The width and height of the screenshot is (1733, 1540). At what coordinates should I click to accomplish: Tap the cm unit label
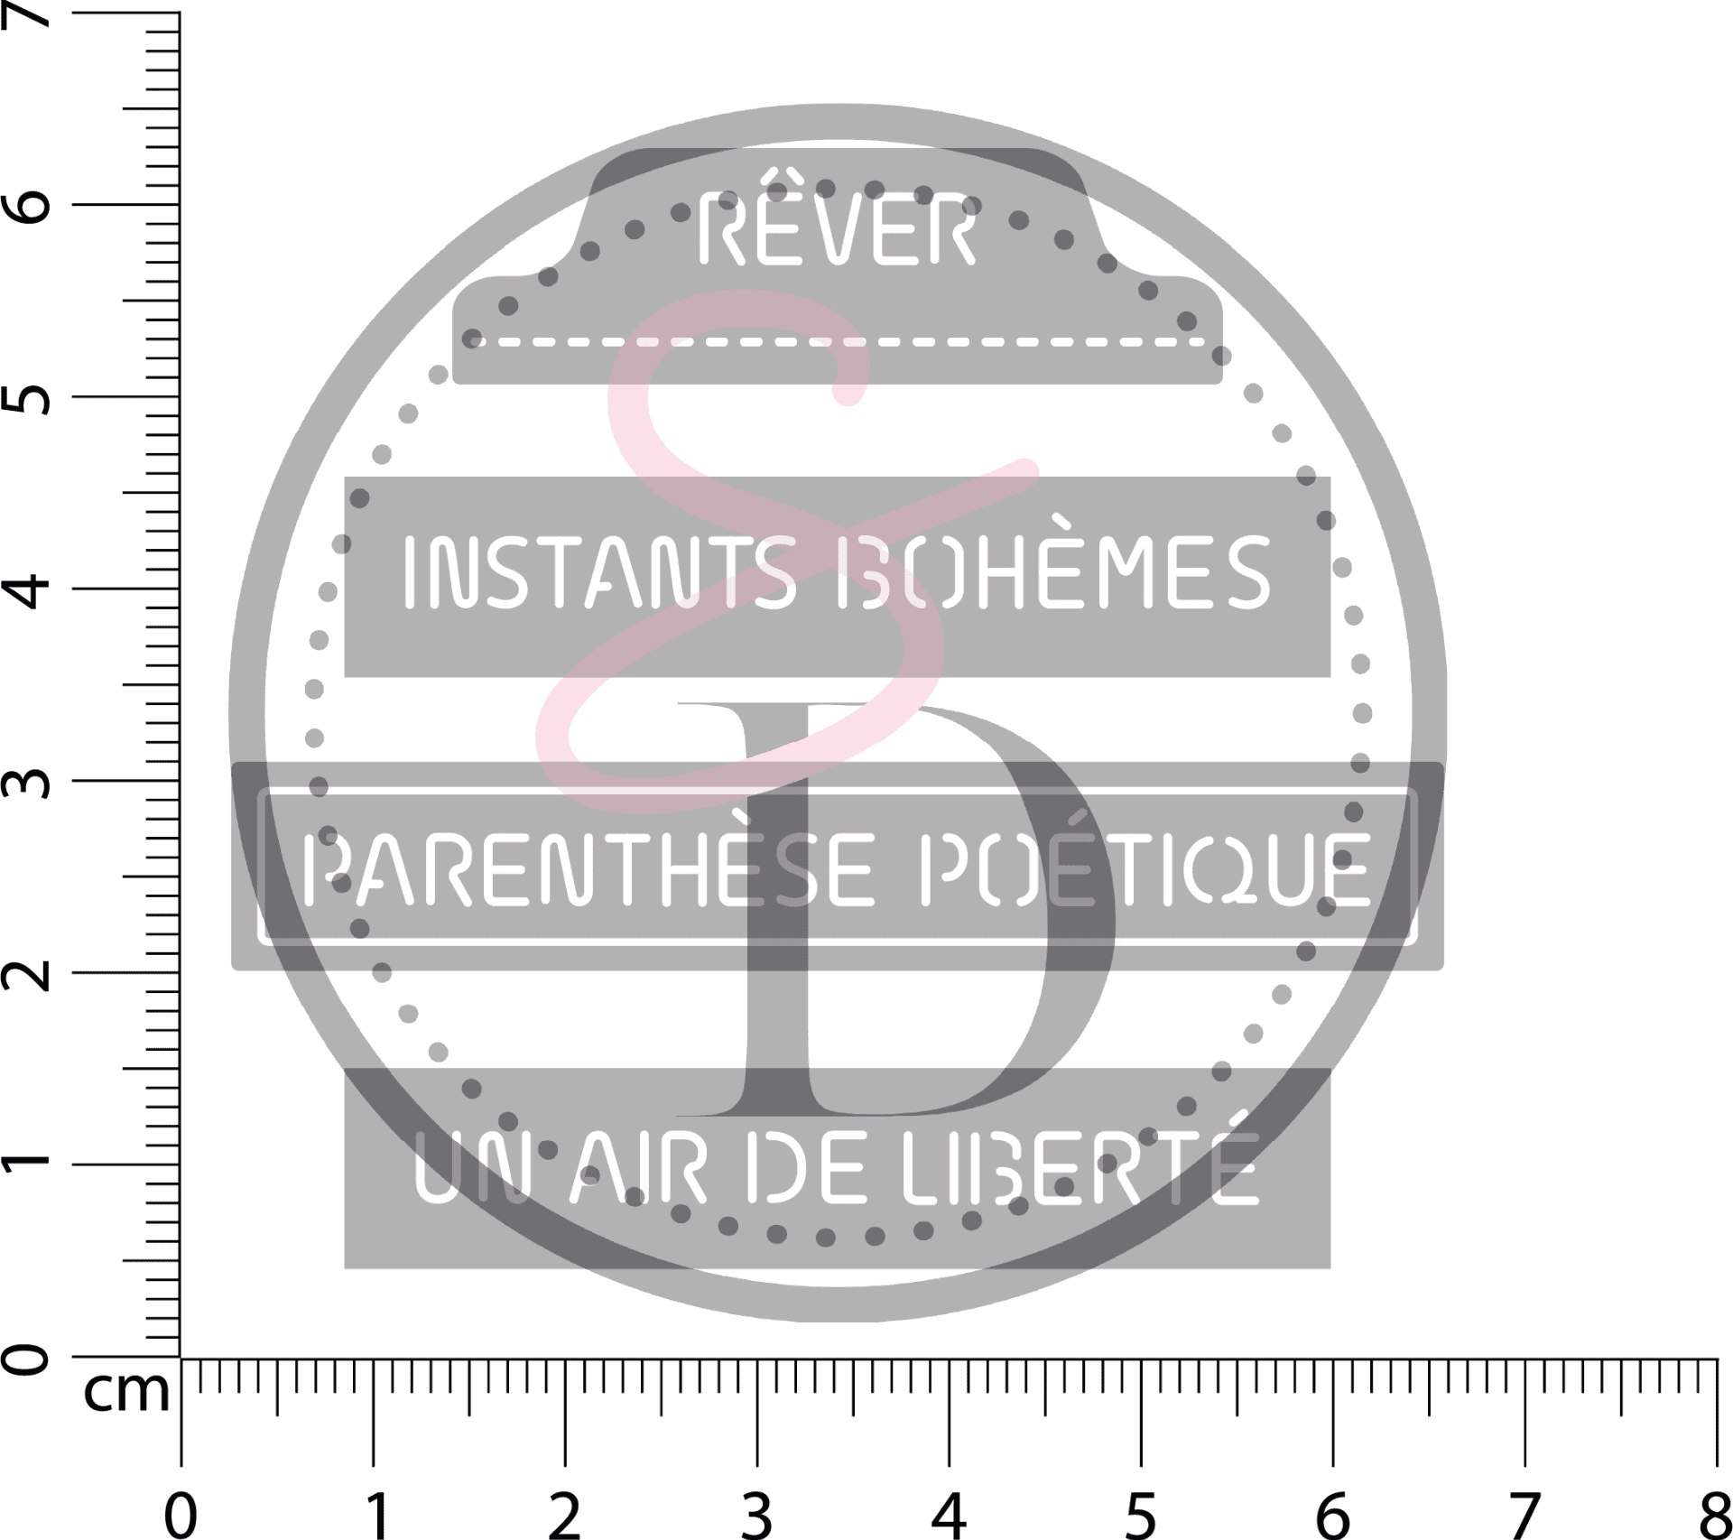[126, 1391]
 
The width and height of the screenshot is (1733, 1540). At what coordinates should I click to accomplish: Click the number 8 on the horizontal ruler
[1713, 1514]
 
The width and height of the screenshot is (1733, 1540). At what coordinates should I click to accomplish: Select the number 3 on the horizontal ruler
[756, 1514]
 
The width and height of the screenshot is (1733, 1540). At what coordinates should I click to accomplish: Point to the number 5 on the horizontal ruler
[1141, 1514]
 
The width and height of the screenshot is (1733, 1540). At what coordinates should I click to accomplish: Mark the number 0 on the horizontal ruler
[181, 1514]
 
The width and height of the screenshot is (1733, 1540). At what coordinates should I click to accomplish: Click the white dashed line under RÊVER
[839, 342]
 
